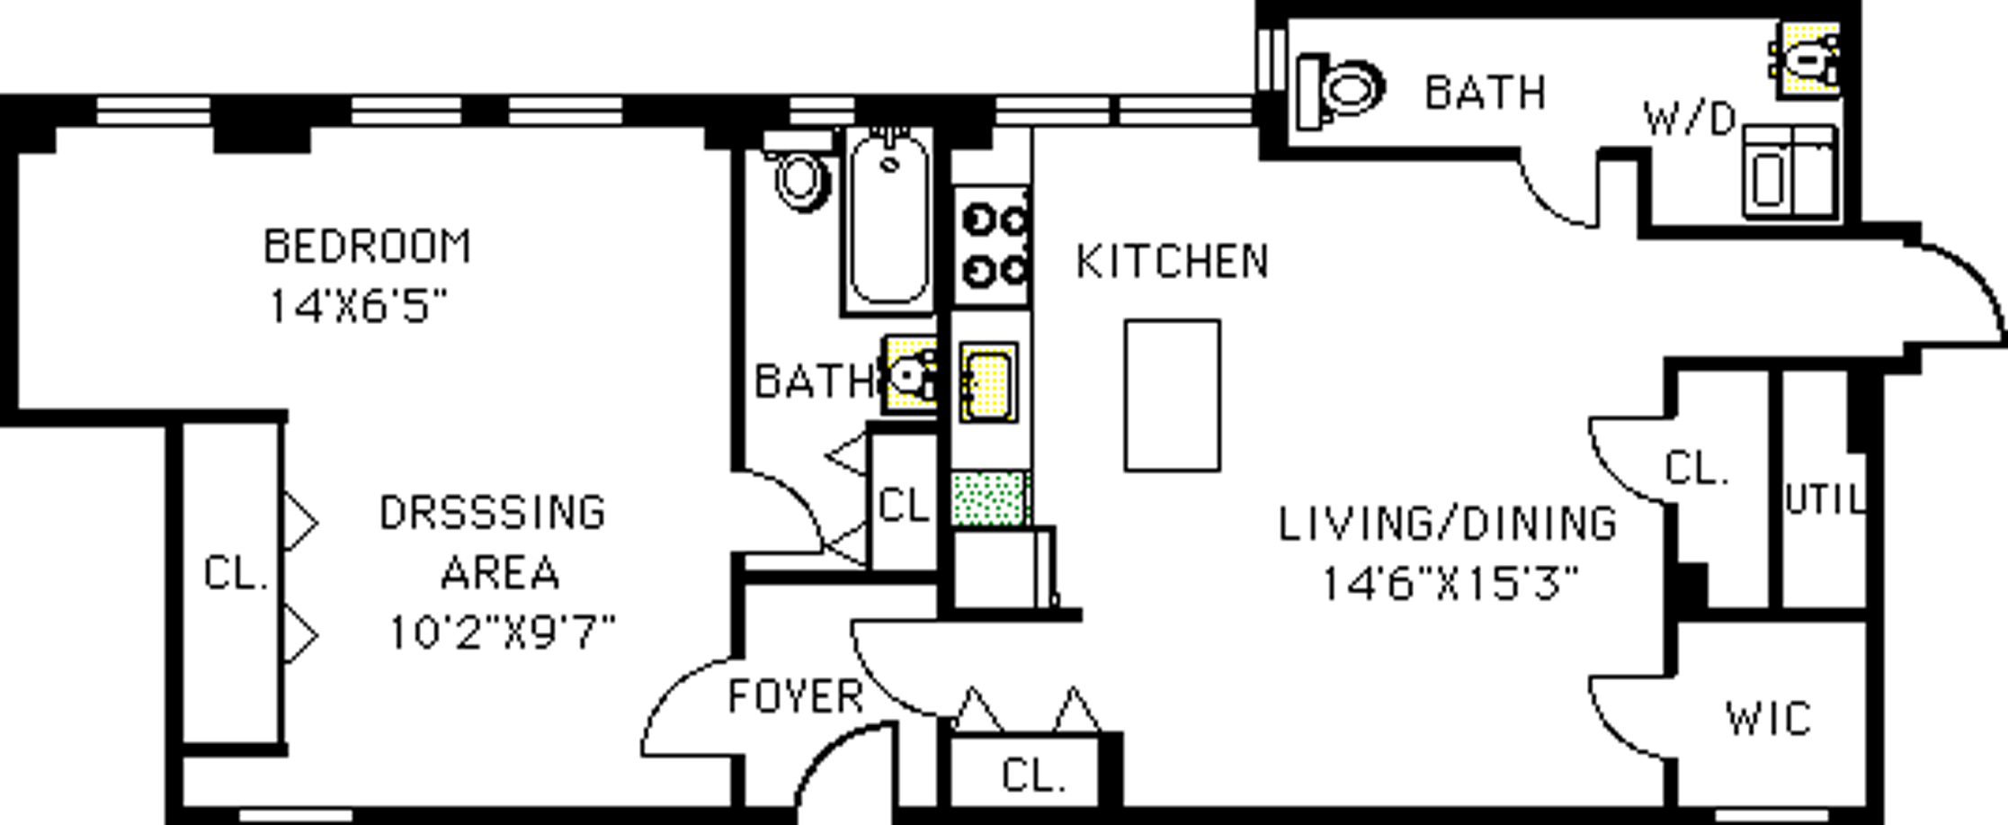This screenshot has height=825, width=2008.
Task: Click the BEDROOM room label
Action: pos(367,247)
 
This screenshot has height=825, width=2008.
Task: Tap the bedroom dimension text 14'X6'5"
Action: pos(358,307)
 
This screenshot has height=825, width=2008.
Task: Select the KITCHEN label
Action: pos(1172,262)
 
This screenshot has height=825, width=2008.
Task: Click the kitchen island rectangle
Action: pos(1172,395)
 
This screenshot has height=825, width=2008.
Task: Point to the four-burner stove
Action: pos(991,245)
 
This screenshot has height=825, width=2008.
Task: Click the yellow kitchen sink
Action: pos(988,381)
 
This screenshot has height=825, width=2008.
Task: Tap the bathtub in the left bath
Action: pos(888,220)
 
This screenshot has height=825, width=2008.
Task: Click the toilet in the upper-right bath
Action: pos(1340,90)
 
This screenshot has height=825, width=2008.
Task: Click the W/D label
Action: pos(1689,120)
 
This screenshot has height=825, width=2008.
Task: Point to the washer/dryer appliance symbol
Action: pos(1790,173)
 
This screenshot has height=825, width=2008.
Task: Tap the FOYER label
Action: pos(795,697)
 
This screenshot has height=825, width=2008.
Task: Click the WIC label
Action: pos(1768,719)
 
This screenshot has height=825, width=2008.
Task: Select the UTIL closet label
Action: pos(1824,500)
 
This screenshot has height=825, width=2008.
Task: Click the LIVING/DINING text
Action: pos(1448,525)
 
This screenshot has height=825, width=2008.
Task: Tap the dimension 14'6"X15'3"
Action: pos(1450,583)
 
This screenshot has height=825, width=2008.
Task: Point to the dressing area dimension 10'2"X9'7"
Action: pos(502,632)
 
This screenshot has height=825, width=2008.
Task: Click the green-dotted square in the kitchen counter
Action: pos(989,498)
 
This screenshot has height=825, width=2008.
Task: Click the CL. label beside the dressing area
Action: pos(236,573)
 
